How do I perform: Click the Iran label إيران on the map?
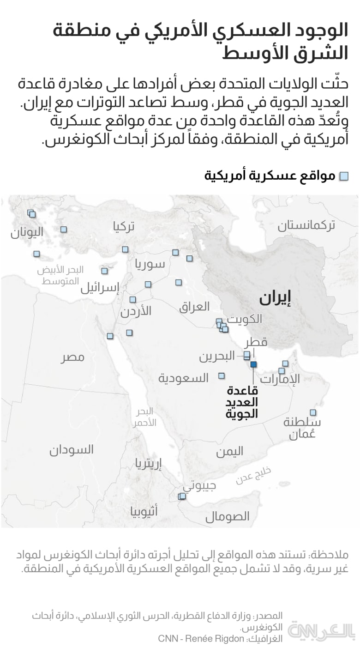275,298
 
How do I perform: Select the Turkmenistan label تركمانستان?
306,225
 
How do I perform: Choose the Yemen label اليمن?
229,451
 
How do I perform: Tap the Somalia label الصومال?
227,516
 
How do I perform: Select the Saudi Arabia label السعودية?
183,378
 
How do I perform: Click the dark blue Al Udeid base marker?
254,364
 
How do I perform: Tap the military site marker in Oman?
313,412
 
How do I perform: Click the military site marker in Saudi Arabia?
222,375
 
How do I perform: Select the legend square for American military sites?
344,176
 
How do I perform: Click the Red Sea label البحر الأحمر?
146,417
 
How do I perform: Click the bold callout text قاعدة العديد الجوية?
242,402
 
